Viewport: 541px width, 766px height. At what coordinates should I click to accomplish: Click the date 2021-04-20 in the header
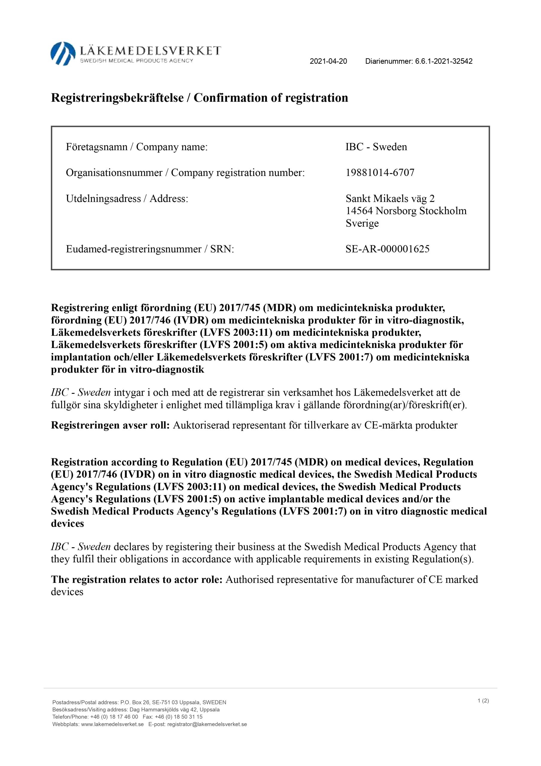pos(328,61)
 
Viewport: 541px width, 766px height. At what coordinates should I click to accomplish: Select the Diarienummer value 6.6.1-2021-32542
pos(444,61)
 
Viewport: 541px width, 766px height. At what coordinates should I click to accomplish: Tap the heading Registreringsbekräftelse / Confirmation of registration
pos(199,98)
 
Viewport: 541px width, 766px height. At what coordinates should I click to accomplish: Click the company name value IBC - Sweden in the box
pos(376,147)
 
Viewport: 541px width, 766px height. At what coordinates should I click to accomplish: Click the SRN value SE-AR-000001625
pos(387,249)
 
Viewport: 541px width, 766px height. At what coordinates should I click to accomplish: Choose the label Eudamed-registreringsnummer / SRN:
pos(150,249)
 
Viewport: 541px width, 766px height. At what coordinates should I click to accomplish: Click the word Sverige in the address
pos(362,223)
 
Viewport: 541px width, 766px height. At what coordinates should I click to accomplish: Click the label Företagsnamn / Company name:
pos(137,147)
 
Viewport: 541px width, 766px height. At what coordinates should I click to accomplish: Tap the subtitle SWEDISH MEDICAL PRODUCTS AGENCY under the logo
pos(136,61)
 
